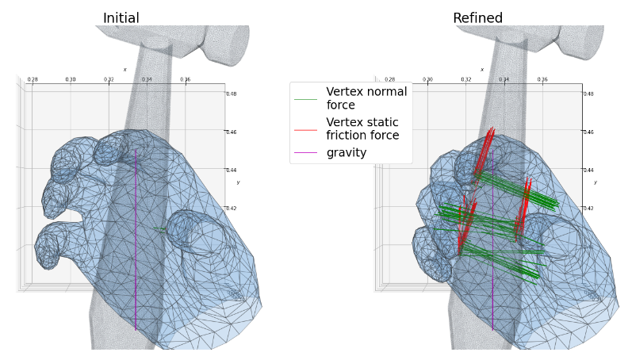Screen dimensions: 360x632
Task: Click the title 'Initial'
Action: tap(121, 18)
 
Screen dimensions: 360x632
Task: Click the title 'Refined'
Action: tap(477, 18)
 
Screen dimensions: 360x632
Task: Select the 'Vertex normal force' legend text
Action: tap(366, 98)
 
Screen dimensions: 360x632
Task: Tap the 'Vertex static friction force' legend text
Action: tap(362, 128)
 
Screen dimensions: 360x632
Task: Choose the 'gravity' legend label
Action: tap(347, 152)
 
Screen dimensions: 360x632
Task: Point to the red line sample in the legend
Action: tap(305, 129)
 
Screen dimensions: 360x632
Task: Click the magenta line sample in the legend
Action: tap(305, 152)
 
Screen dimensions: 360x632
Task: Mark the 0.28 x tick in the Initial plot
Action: tap(33, 79)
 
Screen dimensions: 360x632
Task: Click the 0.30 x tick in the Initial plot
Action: tap(71, 79)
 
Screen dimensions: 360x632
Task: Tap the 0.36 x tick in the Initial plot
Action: tap(185, 79)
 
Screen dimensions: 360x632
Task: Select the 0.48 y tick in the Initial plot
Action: tap(232, 94)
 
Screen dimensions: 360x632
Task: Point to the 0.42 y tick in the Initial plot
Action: tap(232, 208)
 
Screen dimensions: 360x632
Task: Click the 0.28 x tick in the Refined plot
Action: tap(389, 79)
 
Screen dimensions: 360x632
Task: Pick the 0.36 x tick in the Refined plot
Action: tap(542, 79)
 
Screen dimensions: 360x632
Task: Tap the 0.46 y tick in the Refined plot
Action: tap(588, 132)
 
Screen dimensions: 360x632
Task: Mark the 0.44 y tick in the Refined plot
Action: tap(588, 170)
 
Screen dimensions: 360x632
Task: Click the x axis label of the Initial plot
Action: tap(124, 70)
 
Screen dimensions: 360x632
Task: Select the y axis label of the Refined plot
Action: tap(595, 182)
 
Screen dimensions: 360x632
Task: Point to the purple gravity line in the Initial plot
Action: tap(136, 238)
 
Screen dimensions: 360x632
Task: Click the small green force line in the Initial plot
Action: tap(161, 231)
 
